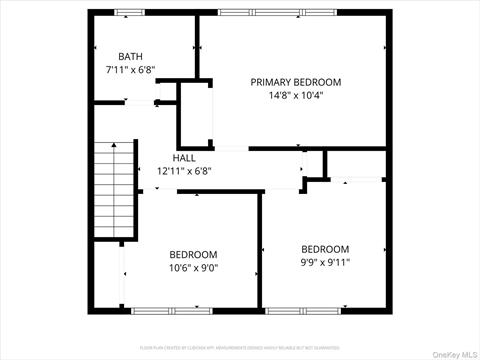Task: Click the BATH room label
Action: click(131, 57)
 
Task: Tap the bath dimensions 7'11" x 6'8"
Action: click(131, 71)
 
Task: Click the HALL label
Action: click(184, 158)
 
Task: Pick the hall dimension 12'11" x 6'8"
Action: click(184, 171)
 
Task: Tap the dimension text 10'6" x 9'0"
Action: click(193, 268)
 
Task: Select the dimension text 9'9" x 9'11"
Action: click(326, 263)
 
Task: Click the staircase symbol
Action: click(113, 189)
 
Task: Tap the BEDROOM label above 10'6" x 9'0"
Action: click(193, 254)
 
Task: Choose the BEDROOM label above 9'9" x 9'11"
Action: click(326, 249)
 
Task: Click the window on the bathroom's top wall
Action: click(130, 12)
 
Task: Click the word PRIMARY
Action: click(272, 82)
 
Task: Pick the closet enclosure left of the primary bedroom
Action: click(196, 115)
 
